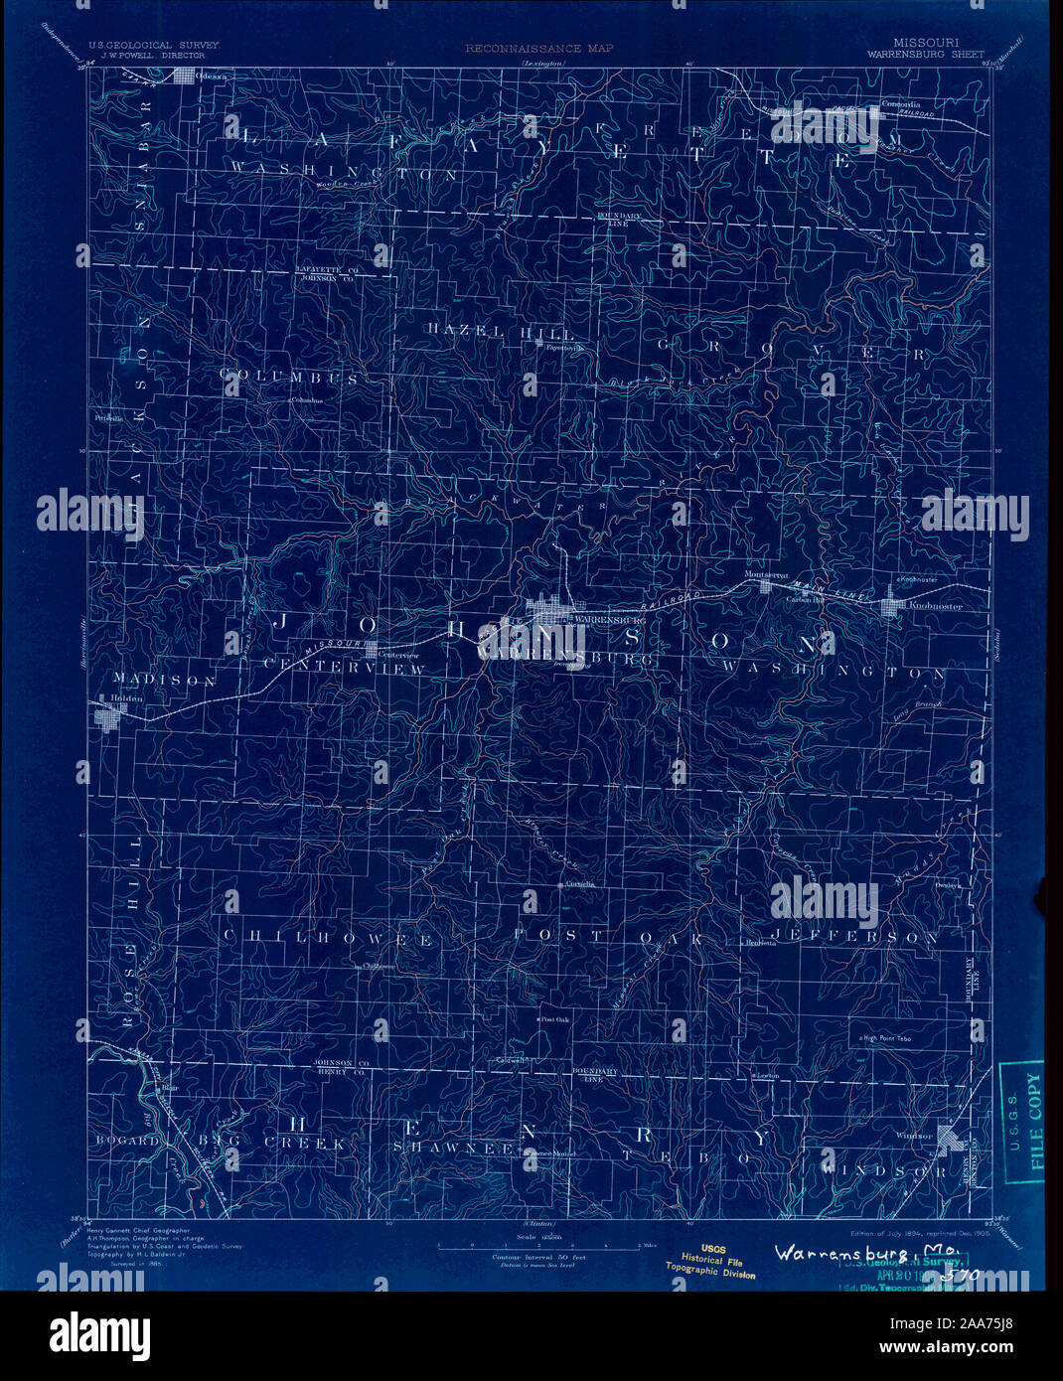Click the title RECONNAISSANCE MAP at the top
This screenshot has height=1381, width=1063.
[538, 48]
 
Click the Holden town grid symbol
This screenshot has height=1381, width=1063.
[105, 716]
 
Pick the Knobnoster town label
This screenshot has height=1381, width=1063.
[929, 605]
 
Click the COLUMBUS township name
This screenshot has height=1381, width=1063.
[289, 380]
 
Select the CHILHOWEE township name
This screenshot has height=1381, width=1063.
[327, 938]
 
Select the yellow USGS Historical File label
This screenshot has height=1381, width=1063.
[711, 1262]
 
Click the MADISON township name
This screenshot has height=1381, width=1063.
[164, 681]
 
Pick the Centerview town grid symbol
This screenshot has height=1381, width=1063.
[371, 652]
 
